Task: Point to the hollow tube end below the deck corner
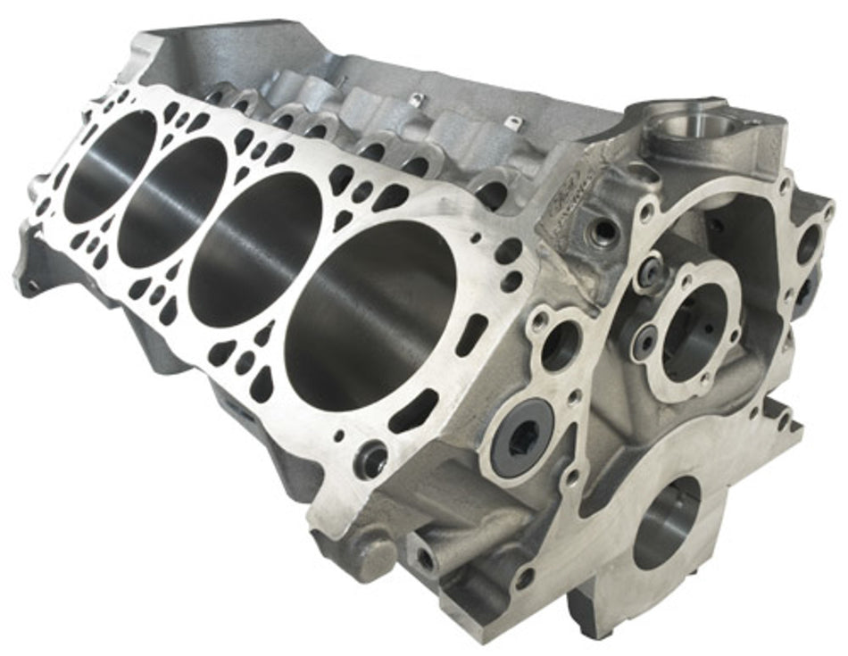(426, 560)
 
